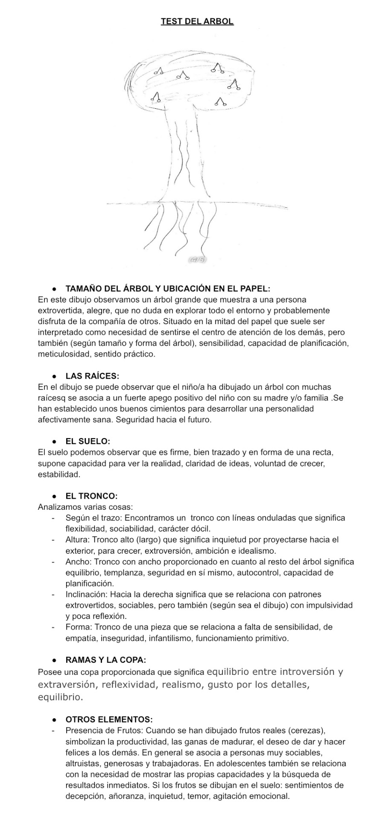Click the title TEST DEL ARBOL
coord(197,21)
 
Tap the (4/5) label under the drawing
coord(197,259)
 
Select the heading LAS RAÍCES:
coord(92,376)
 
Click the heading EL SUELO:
coord(88,441)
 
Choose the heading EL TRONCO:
coord(91,496)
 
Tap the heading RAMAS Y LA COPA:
coord(105,660)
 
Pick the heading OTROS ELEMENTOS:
coord(109,719)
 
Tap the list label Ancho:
coord(78,562)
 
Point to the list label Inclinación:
coord(87,594)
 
